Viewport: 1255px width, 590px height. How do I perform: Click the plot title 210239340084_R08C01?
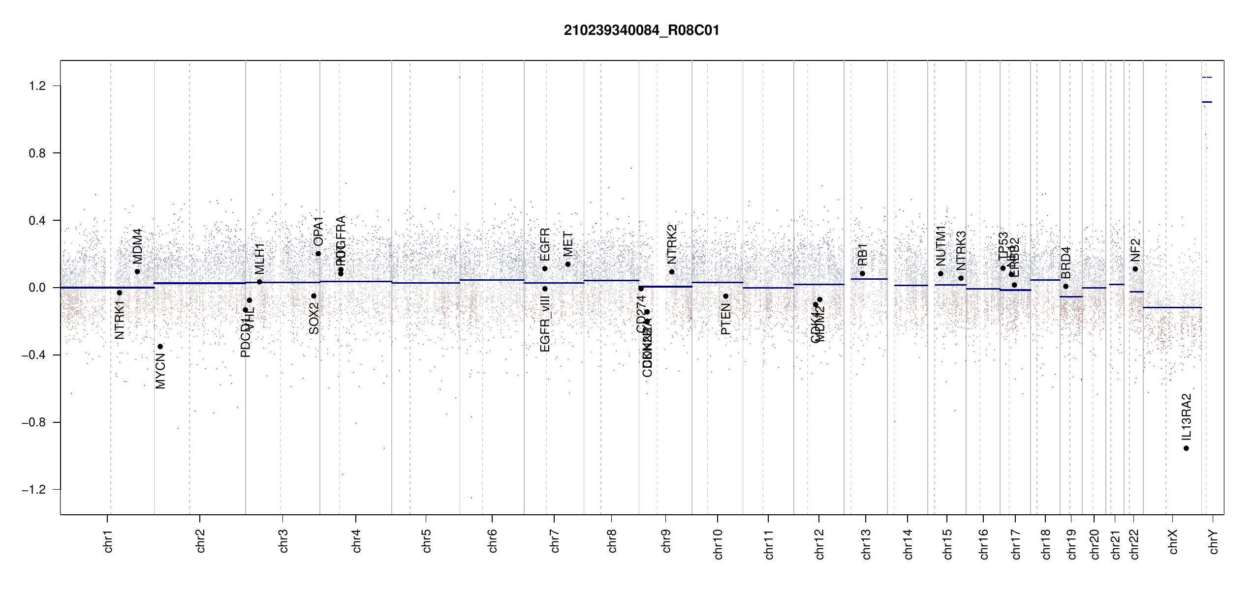641,30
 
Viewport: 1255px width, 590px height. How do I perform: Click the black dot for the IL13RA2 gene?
1186,448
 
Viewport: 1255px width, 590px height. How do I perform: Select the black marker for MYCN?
160,347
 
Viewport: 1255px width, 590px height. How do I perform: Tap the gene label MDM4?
137,246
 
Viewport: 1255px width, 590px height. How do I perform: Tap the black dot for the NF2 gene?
1135,269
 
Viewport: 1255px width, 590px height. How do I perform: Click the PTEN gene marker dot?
725,296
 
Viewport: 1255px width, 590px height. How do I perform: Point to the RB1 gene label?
862,254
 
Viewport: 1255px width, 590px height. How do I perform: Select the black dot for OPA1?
318,254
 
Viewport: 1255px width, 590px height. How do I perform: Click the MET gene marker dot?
568,264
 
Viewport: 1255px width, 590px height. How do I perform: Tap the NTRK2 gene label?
672,244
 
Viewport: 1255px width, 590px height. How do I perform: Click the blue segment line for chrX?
1172,307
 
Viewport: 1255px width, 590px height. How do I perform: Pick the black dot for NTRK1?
119,293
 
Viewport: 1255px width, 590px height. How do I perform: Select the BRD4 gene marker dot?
1066,286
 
